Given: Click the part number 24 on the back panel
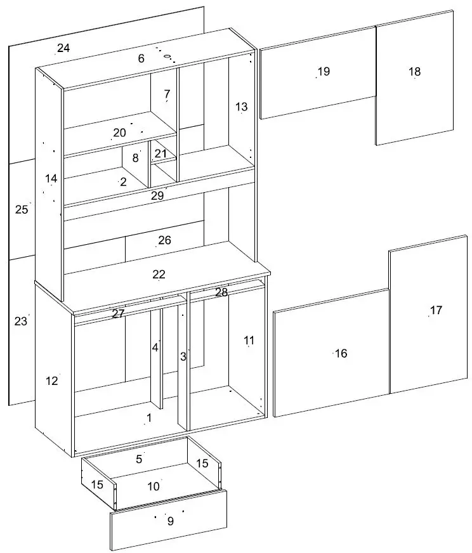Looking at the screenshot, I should (x=63, y=48).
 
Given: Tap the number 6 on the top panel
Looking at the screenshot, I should (x=141, y=59).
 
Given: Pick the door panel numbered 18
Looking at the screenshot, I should (x=414, y=72).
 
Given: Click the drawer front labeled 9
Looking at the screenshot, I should (x=170, y=521).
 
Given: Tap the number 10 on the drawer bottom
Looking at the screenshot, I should (x=154, y=486).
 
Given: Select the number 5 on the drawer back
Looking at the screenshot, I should (x=139, y=458).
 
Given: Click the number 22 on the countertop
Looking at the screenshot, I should (x=159, y=274).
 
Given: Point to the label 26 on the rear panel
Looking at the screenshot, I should (x=164, y=240).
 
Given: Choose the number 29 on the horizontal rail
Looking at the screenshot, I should (x=157, y=196).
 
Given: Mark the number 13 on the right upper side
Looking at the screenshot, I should (x=241, y=107).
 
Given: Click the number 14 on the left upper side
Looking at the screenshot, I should (x=51, y=179).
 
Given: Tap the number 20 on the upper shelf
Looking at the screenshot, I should (x=119, y=133).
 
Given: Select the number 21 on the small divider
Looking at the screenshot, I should (x=161, y=153).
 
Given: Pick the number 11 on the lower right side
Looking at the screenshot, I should (x=249, y=341).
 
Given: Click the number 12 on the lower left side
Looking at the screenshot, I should (x=51, y=381).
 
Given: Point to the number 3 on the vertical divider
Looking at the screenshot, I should (x=183, y=356).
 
